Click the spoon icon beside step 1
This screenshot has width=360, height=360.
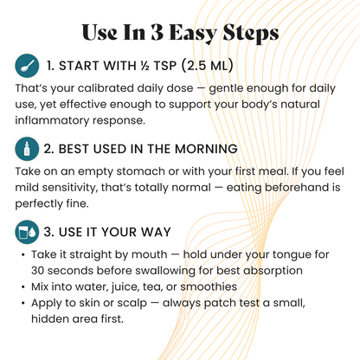[x=27, y=66]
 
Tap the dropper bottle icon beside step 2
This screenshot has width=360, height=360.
[x=27, y=149]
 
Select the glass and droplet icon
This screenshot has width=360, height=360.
[x=27, y=232]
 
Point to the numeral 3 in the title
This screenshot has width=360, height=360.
[x=157, y=32]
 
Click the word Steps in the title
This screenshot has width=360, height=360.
[x=251, y=33]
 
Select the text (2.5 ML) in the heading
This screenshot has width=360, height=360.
[x=208, y=66]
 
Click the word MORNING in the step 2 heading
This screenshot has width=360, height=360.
[x=206, y=149]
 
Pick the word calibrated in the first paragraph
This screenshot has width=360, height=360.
[x=106, y=88]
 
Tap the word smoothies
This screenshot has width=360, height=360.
[x=209, y=286]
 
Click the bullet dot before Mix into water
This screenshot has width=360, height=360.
[x=23, y=287]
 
